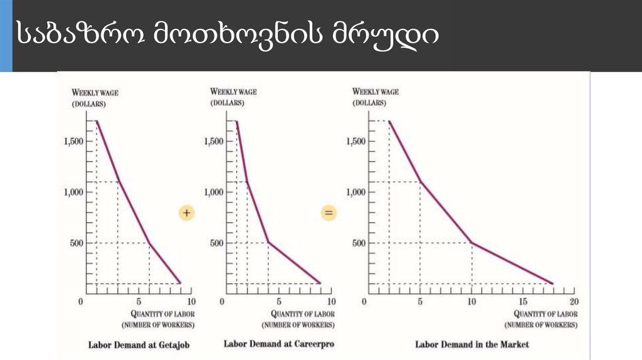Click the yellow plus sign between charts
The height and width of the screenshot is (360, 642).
tap(186, 213)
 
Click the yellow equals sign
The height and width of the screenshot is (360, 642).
tap(329, 213)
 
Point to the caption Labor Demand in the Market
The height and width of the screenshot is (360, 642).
tap(472, 344)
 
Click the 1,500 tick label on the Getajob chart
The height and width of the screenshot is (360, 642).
tap(74, 141)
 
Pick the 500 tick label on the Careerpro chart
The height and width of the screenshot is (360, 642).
tap(217, 243)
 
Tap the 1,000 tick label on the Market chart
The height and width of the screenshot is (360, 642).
tap(356, 192)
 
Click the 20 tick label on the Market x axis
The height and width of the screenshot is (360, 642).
tap(573, 302)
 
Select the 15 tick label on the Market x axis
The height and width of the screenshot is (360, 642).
tap(522, 302)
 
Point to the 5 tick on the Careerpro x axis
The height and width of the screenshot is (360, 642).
tap(278, 302)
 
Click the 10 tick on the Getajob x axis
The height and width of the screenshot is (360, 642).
tap(191, 302)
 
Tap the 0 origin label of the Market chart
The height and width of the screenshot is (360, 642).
tap(364, 302)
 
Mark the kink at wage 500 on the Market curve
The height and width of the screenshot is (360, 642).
tap(471, 243)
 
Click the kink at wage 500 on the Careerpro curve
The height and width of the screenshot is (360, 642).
tap(268, 243)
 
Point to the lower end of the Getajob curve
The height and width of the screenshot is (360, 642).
tap(181, 283)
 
